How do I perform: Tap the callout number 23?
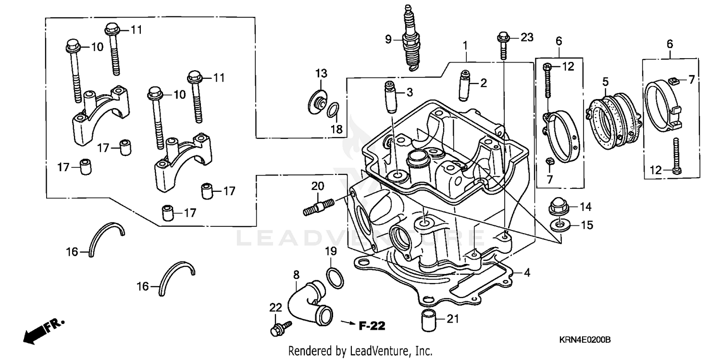pos(527,37)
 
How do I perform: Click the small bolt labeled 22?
pos(280,329)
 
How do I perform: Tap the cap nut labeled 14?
pos(557,207)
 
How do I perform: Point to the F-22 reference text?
pos(372,326)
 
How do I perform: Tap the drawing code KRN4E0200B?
pos(584,340)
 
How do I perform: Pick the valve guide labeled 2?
pos(464,85)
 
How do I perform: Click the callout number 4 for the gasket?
pos(527,273)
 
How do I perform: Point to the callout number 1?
pos(465,46)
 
